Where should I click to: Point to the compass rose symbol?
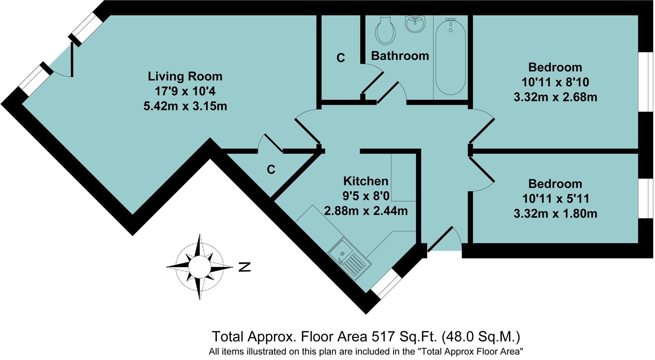click(x=200, y=266)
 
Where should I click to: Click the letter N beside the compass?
click(x=245, y=267)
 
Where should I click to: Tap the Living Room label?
click(x=185, y=76)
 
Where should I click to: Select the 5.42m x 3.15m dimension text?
click(x=185, y=106)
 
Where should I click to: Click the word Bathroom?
click(x=400, y=56)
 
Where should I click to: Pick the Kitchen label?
click(x=365, y=181)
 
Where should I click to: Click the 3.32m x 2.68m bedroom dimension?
click(x=555, y=97)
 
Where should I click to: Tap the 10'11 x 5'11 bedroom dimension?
click(x=555, y=199)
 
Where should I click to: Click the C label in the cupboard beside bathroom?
click(x=341, y=58)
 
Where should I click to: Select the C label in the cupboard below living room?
click(x=271, y=170)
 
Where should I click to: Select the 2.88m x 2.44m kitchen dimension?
click(x=365, y=211)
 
